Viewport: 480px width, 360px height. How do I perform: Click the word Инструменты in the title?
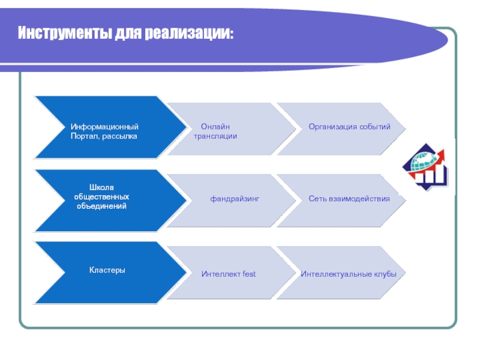click(x=65, y=33)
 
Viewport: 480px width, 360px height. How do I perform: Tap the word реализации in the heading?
click(x=188, y=33)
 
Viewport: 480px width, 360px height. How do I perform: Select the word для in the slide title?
click(x=128, y=33)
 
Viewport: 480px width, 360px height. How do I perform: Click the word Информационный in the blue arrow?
click(x=104, y=127)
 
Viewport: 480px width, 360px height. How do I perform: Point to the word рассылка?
click(x=119, y=137)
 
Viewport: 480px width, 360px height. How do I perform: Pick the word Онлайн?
click(x=215, y=127)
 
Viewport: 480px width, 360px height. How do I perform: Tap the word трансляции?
click(x=215, y=136)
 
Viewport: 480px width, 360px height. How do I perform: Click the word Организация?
click(x=332, y=127)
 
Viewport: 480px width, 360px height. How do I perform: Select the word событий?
click(x=374, y=127)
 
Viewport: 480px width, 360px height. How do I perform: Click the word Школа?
click(x=101, y=187)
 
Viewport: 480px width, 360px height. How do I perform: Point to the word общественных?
click(x=101, y=197)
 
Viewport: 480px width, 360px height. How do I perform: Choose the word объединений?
click(x=101, y=206)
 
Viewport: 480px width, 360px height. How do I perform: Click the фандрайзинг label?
click(x=235, y=199)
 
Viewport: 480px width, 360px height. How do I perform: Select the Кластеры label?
click(x=107, y=271)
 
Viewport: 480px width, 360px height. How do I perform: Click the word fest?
click(x=249, y=274)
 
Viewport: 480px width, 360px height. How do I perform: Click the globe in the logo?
click(x=423, y=161)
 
